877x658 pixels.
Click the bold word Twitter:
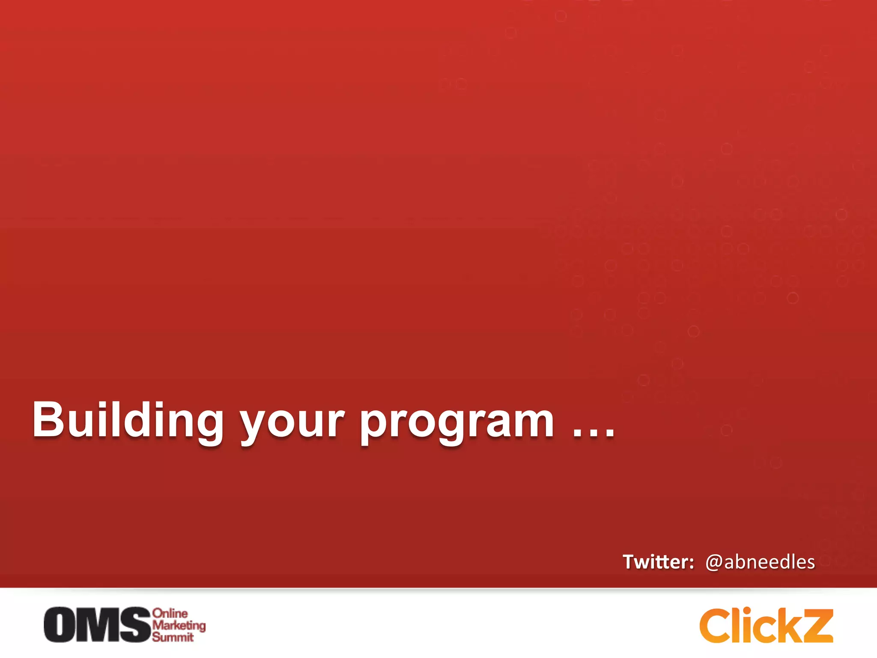658,562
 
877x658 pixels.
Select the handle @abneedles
760,562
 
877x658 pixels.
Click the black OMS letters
98,625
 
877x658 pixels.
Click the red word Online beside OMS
170,613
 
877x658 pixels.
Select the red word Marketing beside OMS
179,625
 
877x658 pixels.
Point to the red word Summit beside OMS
173,637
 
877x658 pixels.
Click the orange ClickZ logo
766,625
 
